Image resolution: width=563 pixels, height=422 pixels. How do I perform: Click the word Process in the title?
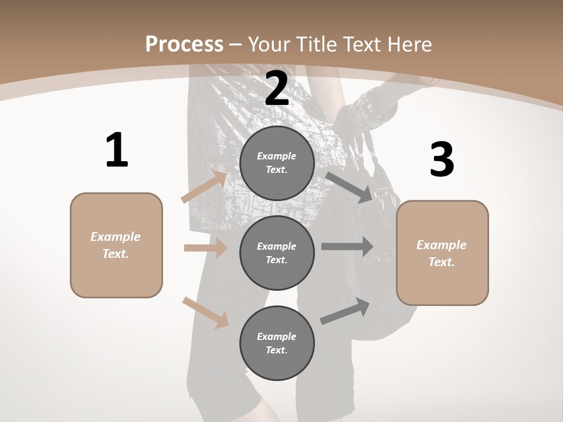pos(184,45)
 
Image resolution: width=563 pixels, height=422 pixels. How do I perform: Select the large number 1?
pos(117,151)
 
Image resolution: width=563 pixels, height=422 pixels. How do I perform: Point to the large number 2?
pos(277,89)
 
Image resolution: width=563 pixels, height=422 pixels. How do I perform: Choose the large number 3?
pos(442,159)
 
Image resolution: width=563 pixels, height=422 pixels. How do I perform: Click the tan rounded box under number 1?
pos(116,245)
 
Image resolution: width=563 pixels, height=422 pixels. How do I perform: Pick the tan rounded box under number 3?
pos(442,253)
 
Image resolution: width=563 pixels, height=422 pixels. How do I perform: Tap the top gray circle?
pos(277,163)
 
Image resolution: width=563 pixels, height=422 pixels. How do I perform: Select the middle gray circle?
pos(277,253)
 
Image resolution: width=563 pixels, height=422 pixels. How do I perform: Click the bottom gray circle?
pos(277,343)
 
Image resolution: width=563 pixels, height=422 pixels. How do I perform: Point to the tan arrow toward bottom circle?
pos(205,312)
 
